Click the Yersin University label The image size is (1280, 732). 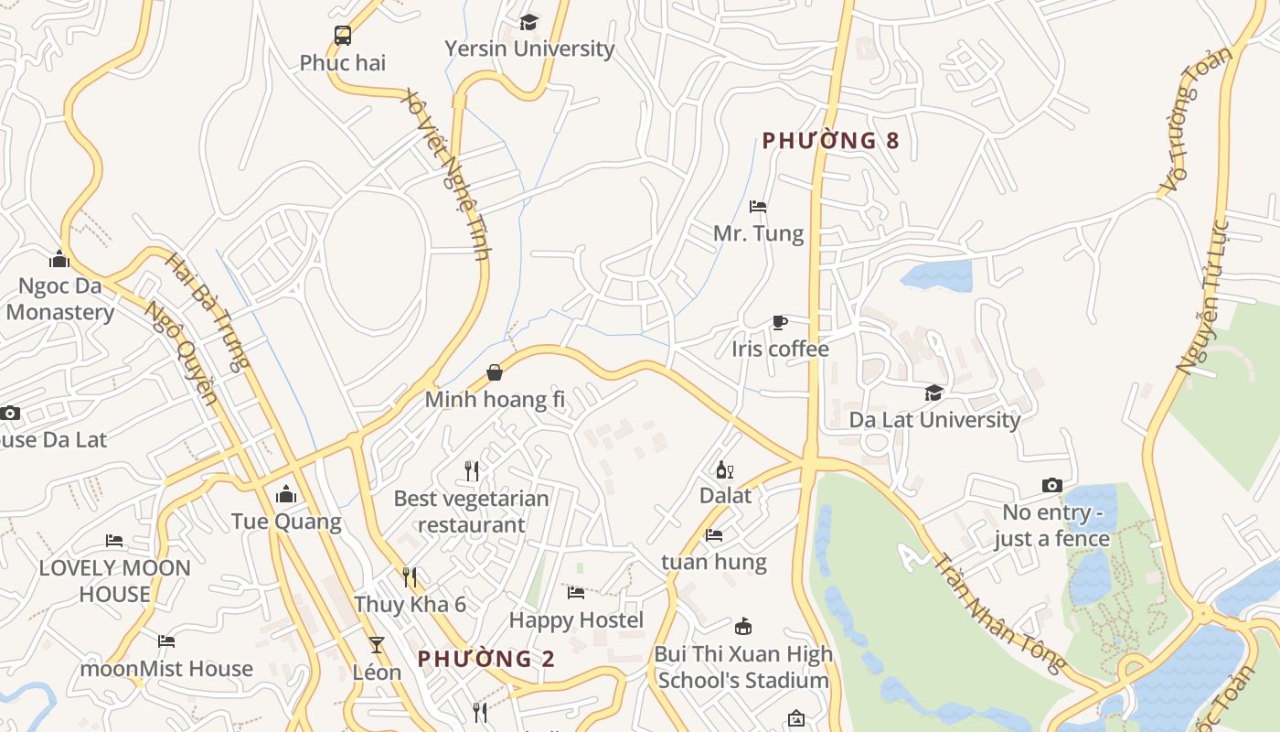tap(529, 48)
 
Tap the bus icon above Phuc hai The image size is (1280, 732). tap(343, 36)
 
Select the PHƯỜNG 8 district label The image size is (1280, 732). tap(831, 140)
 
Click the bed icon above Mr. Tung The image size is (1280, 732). tap(758, 207)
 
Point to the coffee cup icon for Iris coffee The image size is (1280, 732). tap(779, 322)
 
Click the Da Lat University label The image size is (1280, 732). tap(934, 420)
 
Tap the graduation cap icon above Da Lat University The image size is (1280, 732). tap(933, 393)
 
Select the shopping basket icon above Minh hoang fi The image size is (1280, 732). tap(495, 372)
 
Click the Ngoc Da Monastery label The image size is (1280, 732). tap(60, 299)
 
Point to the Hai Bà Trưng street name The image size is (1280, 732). tap(208, 311)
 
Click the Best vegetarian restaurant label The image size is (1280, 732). tap(471, 511)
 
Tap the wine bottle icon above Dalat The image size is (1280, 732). tap(724, 470)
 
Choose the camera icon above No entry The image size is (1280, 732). tap(1052, 485)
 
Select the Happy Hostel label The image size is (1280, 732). tap(576, 620)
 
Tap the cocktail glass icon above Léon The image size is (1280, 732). tap(376, 645)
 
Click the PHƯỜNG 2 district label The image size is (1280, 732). tap(486, 659)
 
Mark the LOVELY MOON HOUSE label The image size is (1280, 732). tap(114, 581)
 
